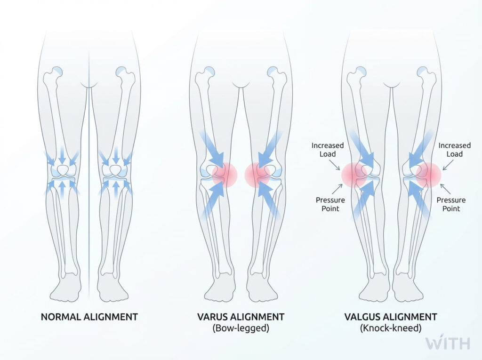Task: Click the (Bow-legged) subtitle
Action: (x=241, y=328)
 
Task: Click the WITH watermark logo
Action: (x=448, y=343)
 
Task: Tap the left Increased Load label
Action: (x=328, y=150)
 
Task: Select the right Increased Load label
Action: (x=454, y=150)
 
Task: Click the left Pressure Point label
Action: (x=328, y=204)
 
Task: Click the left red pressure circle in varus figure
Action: (x=225, y=175)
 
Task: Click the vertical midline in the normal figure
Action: (x=89, y=188)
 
